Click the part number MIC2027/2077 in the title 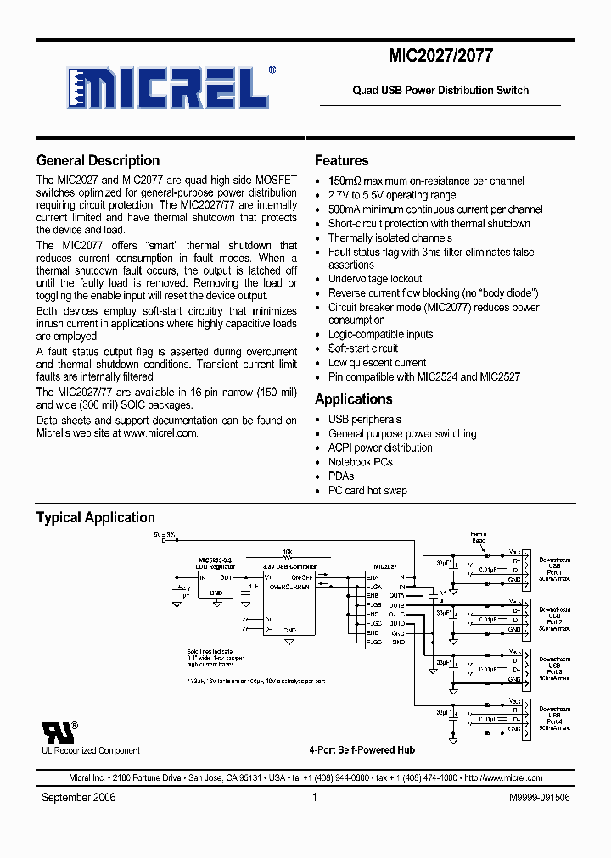(x=440, y=57)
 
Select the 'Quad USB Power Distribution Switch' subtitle (x=440, y=90)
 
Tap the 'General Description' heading (x=98, y=160)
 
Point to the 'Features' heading (x=341, y=160)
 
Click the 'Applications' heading (x=353, y=398)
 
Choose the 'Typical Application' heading (x=95, y=517)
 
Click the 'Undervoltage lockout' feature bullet (x=375, y=279)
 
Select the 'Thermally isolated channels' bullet (x=390, y=237)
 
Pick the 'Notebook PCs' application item (x=360, y=462)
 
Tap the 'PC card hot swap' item (x=367, y=490)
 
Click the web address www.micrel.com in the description (x=160, y=432)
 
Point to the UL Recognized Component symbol (x=58, y=731)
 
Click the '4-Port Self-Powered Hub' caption (x=362, y=750)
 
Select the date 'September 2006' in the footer (x=79, y=797)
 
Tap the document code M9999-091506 (x=540, y=797)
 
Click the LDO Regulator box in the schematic (x=216, y=577)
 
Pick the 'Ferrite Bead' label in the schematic (x=479, y=537)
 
